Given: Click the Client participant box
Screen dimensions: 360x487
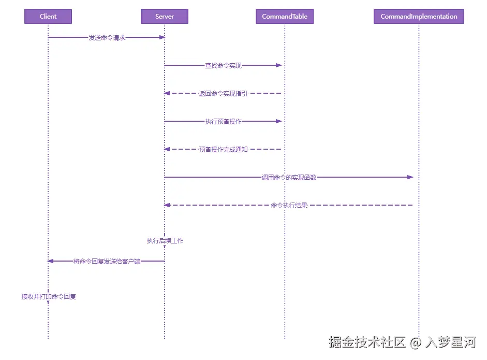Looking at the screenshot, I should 48,17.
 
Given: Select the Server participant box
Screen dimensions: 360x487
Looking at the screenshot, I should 165,17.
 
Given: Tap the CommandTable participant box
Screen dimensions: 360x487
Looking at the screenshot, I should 285,17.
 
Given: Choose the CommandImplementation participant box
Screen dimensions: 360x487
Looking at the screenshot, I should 419,17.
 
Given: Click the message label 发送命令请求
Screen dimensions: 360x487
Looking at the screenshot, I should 107,38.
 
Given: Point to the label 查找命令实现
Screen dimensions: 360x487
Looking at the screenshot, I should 223,66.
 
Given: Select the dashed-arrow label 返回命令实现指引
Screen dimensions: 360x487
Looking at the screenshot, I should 223,94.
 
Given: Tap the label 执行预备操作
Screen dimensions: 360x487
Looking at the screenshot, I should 223,122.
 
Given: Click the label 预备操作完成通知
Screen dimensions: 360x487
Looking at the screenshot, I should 223,150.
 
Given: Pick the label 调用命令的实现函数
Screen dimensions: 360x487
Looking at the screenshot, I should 289,178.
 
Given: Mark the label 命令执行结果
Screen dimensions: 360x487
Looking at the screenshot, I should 289,206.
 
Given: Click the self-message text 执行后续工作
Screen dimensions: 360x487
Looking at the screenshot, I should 165,241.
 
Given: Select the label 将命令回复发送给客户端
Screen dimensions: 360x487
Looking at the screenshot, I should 107,262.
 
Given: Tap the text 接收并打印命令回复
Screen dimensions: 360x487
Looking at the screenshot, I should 49,297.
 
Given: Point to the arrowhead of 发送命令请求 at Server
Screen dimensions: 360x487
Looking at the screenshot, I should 162,37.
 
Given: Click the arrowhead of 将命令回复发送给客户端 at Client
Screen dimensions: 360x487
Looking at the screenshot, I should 51,261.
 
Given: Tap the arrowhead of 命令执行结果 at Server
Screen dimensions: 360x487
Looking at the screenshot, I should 167,205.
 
